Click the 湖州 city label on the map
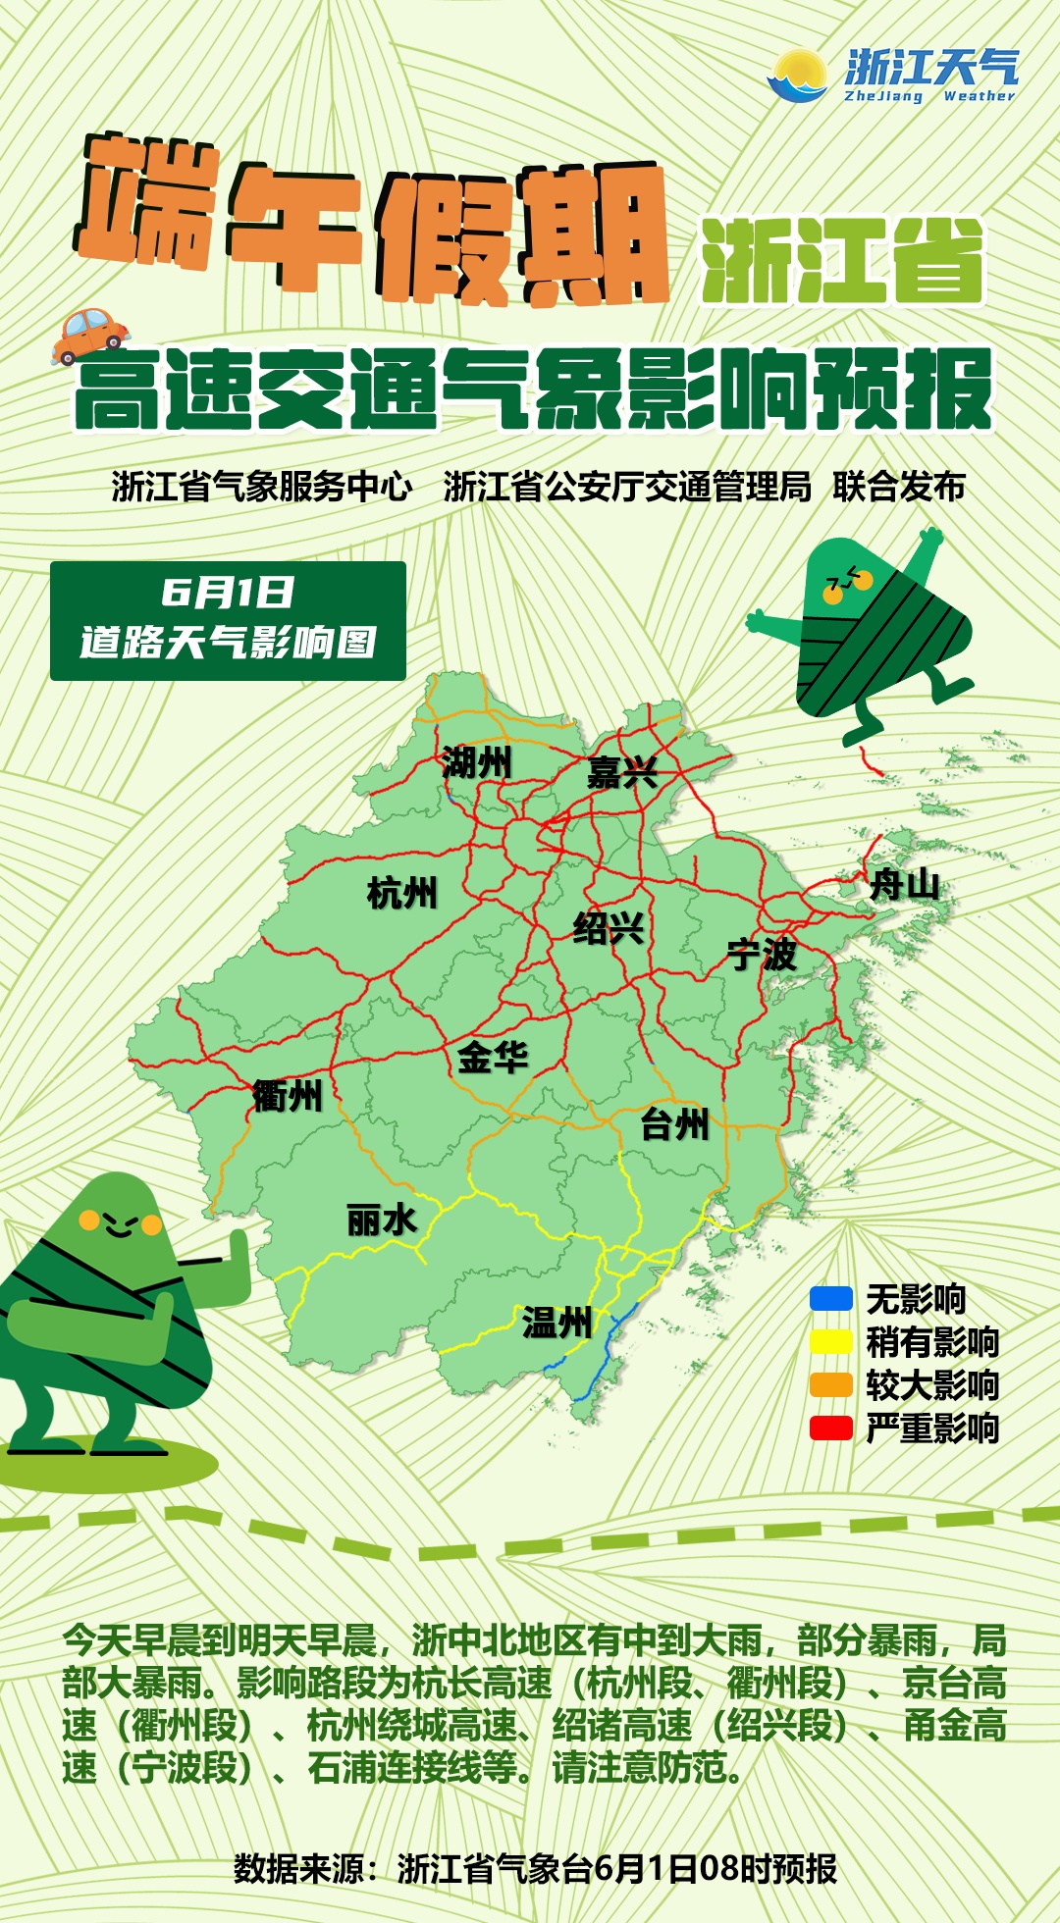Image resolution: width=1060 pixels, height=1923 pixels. (477, 762)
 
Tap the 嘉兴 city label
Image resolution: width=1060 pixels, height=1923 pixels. (622, 773)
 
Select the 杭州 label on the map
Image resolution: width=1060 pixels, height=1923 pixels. (401, 894)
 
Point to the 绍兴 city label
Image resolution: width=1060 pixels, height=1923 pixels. (609, 927)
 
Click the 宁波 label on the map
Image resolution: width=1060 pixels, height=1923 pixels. (763, 954)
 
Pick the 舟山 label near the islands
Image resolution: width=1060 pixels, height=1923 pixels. (905, 885)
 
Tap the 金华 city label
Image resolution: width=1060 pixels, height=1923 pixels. (493, 1058)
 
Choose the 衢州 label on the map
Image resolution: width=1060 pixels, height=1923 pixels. (288, 1096)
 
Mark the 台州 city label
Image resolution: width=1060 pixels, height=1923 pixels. (674, 1124)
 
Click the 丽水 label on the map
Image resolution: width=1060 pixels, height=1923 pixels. (382, 1221)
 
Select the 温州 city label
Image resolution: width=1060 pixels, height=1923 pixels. (556, 1323)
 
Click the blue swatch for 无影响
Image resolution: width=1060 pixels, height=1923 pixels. (830, 1299)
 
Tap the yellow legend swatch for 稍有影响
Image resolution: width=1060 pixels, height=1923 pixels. (830, 1342)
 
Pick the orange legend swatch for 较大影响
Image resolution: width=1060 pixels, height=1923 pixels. (830, 1385)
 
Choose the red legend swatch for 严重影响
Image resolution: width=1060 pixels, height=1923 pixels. (830, 1429)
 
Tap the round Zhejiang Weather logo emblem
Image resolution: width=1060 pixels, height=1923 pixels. (799, 77)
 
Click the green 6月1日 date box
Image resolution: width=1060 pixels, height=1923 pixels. (228, 620)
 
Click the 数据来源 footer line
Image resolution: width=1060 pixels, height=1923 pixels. (535, 1868)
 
